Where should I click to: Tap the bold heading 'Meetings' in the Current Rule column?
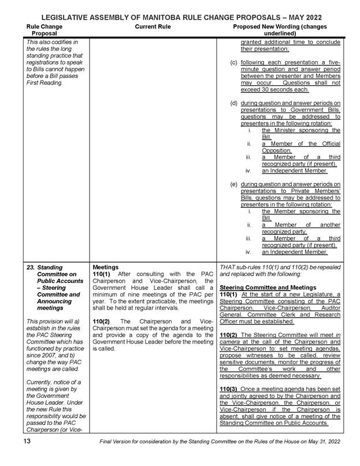[106, 267]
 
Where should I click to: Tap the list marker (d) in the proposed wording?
[234, 103]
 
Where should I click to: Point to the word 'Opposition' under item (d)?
[280, 150]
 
